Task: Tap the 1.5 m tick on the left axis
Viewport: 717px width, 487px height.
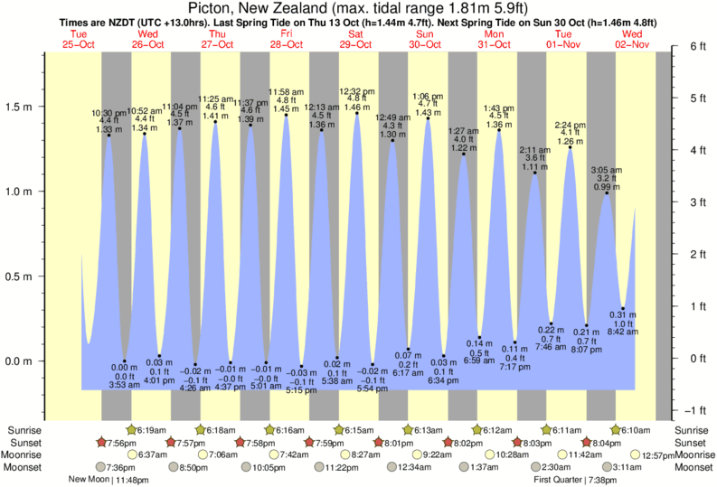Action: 23,107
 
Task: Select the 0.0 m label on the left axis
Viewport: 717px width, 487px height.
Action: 23,361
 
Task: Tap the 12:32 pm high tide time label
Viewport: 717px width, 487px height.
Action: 356,91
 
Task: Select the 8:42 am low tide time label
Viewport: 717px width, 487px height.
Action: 623,332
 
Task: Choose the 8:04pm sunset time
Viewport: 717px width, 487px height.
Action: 610,443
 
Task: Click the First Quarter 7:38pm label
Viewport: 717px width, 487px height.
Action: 576,480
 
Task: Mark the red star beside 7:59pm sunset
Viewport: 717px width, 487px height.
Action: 309,443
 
